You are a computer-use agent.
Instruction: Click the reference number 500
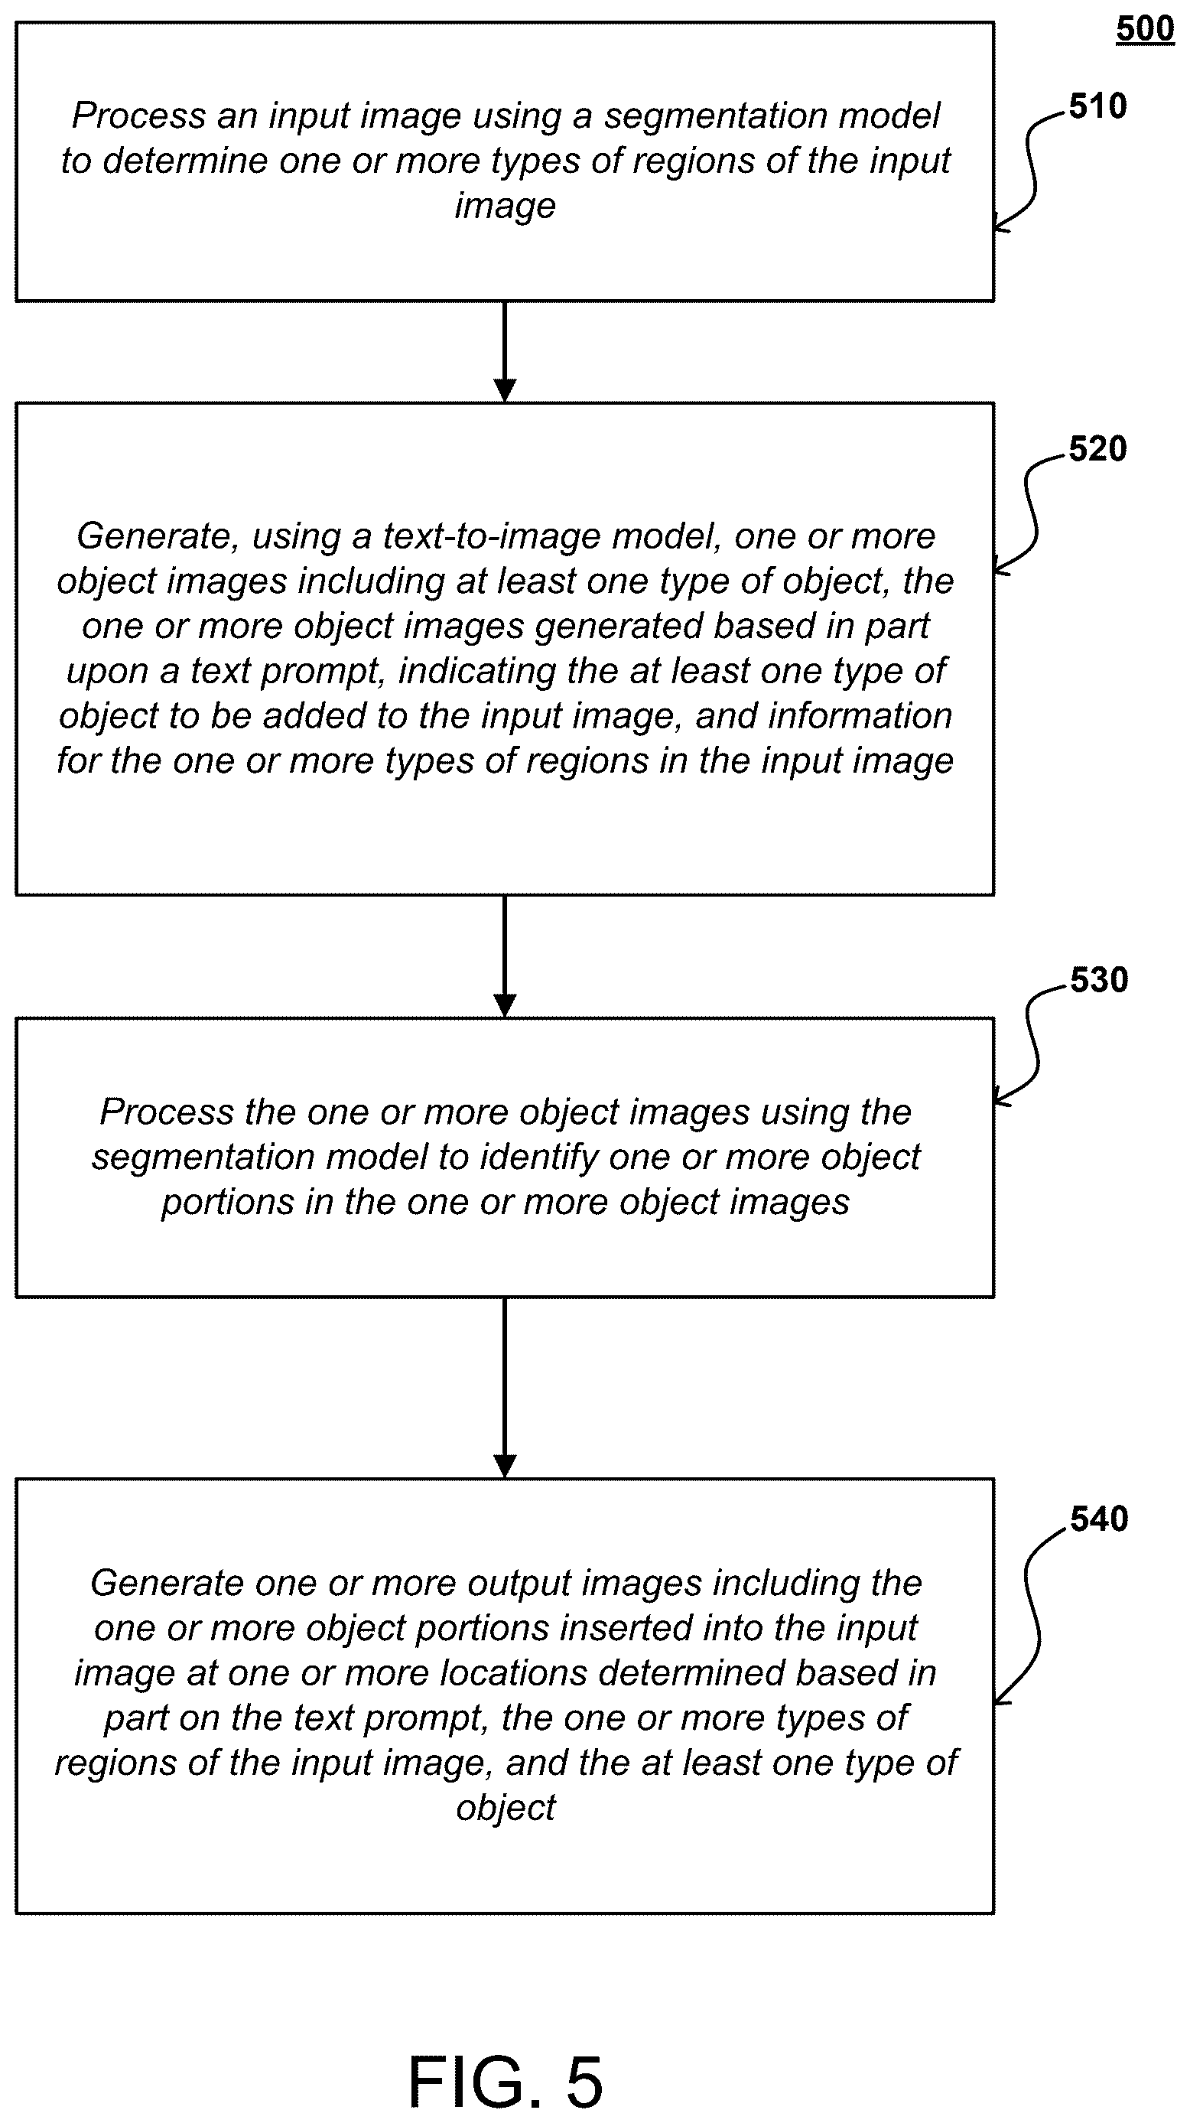[1145, 29]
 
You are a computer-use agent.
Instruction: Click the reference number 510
[1097, 106]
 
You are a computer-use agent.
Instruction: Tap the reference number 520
[1097, 449]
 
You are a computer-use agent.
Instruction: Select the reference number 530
[1098, 980]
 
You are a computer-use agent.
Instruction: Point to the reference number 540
[1098, 1519]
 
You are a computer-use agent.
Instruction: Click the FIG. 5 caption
[506, 2081]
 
